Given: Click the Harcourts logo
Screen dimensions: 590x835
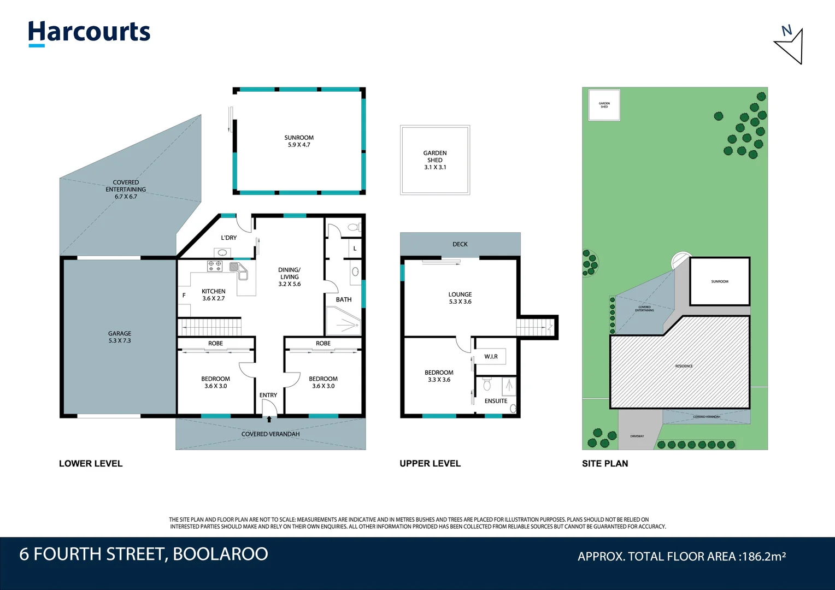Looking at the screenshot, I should pos(89,33).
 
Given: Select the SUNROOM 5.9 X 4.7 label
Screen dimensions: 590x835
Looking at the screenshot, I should pos(299,141).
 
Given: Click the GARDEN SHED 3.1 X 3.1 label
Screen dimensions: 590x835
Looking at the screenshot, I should pos(435,160).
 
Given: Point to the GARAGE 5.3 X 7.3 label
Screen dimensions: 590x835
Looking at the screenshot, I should pos(120,337).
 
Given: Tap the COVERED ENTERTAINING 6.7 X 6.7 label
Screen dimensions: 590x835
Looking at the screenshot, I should pos(126,190).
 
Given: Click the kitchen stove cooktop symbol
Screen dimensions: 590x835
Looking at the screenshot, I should pos(215,266).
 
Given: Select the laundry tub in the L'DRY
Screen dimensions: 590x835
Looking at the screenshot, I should pos(222,252).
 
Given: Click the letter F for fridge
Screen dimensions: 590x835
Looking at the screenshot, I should pos(184,296).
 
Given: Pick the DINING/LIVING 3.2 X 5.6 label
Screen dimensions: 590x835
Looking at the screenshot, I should pos(290,277).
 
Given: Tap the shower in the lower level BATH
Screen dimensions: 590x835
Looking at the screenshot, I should pos(343,321).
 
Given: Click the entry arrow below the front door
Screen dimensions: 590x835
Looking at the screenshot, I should pos(269,420).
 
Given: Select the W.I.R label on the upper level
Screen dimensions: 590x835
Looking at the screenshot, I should pos(491,357).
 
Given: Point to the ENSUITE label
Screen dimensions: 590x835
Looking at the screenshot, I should pos(496,401).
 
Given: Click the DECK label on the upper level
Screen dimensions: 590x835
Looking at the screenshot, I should pos(460,244).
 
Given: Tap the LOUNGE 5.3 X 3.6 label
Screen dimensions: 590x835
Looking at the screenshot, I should pos(460,298).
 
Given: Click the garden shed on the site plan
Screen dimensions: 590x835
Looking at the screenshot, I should pos(604,105).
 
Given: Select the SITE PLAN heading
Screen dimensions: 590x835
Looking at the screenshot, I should pos(605,463).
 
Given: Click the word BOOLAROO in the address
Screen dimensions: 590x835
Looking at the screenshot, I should pos(220,554).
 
